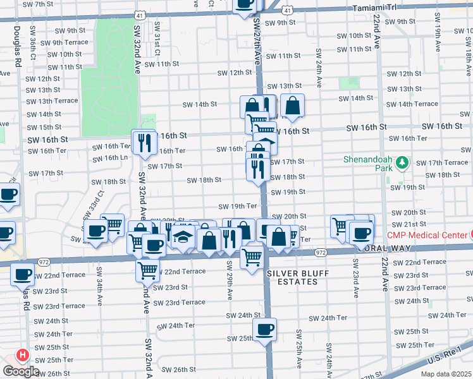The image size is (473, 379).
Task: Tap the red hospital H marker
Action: click(22, 356)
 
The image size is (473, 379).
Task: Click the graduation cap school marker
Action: click(183, 238)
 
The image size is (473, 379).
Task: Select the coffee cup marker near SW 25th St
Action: click(265, 329)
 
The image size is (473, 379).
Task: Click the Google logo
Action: click(20, 371)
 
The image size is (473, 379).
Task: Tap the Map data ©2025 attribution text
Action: click(446, 374)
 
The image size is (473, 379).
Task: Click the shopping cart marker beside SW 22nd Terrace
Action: click(147, 270)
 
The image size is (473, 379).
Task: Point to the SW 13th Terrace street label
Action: click(52, 101)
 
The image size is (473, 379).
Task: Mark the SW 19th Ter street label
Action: click(238, 207)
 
